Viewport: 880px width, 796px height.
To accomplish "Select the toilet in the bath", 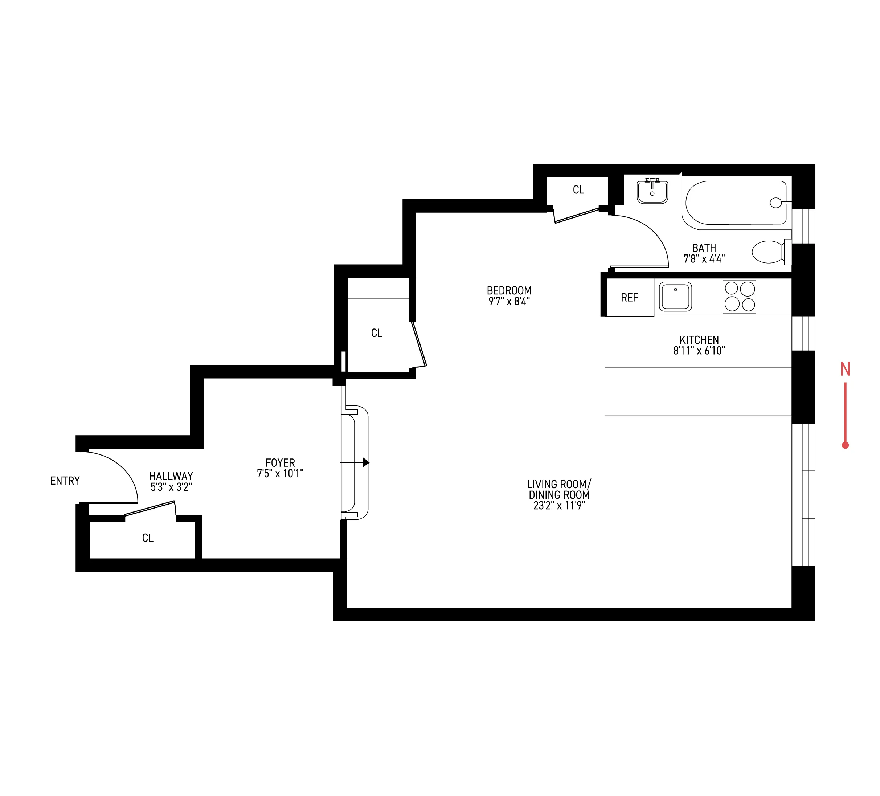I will pos(768,252).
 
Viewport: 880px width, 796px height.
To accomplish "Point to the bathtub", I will pos(736,203).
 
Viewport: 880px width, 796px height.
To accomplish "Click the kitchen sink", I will pos(675,297).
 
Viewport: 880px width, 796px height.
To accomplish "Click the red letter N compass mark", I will pos(845,370).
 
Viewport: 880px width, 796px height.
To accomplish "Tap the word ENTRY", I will pos(65,481).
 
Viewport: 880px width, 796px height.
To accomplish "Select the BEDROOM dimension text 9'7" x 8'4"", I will pos(509,301).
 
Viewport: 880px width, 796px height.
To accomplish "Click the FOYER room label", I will pos(280,462).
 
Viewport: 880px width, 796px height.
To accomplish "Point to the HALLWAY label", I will pos(171,476).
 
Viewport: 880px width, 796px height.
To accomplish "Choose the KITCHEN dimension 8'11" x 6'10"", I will pos(699,351).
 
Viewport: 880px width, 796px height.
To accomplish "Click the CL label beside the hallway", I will pos(148,538).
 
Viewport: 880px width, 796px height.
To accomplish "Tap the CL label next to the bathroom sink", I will pos(578,190).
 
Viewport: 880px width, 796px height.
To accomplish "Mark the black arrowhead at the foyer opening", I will pos(366,462).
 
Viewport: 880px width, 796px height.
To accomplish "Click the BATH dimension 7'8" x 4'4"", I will pos(704,259).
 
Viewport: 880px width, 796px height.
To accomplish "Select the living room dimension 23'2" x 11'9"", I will pos(559,506).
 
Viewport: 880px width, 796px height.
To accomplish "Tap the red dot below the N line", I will pos(845,445).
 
